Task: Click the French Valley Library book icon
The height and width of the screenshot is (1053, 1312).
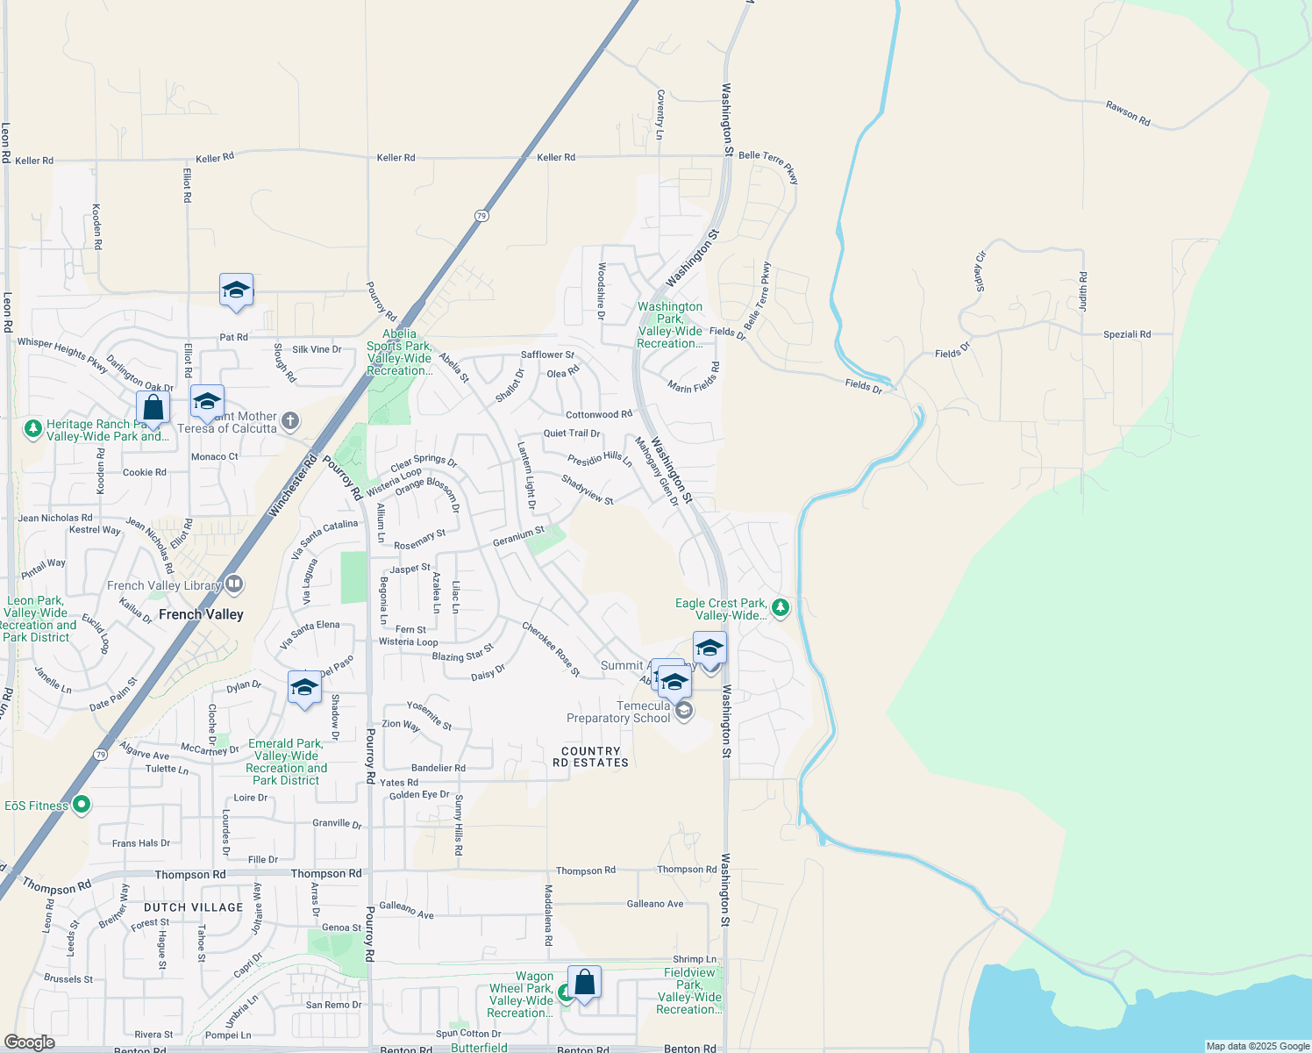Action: pos(233,584)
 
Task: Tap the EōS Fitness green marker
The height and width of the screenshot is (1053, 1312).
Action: pos(82,805)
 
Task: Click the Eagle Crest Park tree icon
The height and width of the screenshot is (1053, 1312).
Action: pos(780,607)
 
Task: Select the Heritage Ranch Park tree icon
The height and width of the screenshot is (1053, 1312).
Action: pos(33,429)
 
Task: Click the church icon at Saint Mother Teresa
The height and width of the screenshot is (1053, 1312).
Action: pos(290,422)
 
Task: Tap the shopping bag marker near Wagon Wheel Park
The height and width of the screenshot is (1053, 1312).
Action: pos(584,983)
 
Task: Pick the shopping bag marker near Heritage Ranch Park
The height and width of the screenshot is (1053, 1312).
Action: pos(153,408)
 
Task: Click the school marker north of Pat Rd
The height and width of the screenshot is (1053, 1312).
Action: pos(236,290)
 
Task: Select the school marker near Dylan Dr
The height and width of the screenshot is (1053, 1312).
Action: pos(304,688)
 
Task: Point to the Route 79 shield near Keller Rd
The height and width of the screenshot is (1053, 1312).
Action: pos(481,216)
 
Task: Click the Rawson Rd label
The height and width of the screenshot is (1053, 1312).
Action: pos(1128,113)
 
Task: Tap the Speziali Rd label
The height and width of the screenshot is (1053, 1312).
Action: pos(1127,334)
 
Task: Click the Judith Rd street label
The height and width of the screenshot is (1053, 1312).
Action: pos(1083,291)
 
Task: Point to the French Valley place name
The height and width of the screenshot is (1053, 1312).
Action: pos(201,614)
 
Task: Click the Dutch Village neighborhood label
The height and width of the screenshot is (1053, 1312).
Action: pos(193,907)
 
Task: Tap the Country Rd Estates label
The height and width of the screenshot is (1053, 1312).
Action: pos(590,757)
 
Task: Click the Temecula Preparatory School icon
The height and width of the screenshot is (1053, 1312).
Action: pos(683,710)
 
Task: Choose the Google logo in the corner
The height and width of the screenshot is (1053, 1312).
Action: pos(30,1042)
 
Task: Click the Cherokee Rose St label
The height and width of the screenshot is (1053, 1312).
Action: pos(551,649)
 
